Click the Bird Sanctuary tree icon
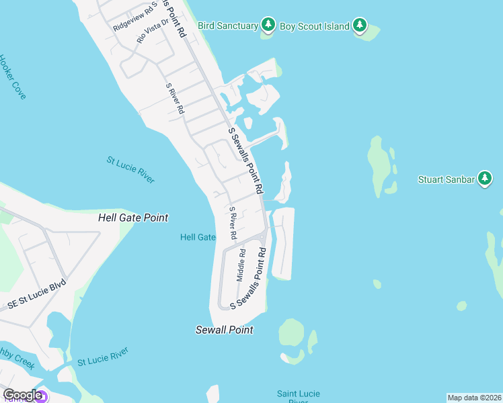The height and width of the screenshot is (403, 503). point(269,26)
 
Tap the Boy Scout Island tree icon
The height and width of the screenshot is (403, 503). point(360,26)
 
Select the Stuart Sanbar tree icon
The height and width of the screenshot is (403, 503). point(485,179)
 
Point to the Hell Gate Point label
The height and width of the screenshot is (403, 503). point(133,218)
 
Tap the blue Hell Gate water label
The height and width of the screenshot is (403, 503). point(198,237)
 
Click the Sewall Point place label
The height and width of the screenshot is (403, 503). point(224,330)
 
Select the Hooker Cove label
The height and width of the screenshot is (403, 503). point(12,77)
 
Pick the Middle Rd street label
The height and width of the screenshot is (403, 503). point(241,265)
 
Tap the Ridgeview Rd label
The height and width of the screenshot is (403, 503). point(134,16)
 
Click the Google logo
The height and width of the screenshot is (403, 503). point(22,395)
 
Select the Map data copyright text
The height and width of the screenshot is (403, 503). point(474,397)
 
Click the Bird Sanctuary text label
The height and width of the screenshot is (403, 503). point(228,26)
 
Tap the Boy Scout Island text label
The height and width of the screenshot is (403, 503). point(315,26)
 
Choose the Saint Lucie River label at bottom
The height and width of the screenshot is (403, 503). point(298,397)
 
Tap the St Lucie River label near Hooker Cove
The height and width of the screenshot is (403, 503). point(130,170)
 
